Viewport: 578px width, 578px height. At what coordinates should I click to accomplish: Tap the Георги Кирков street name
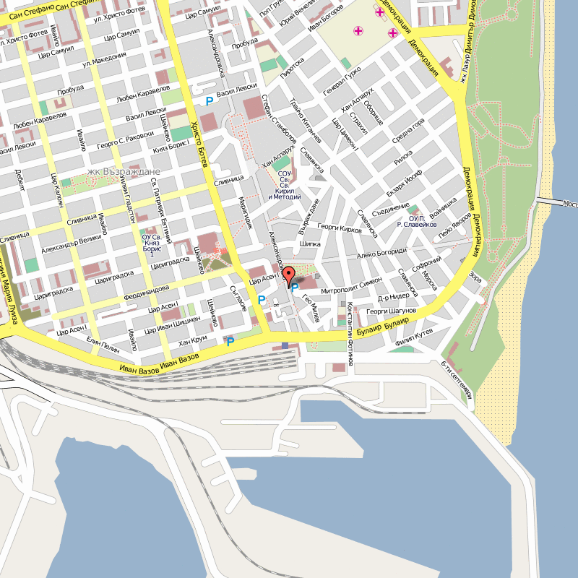click(339, 228)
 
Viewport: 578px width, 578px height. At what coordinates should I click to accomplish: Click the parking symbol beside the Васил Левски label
click(210, 102)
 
